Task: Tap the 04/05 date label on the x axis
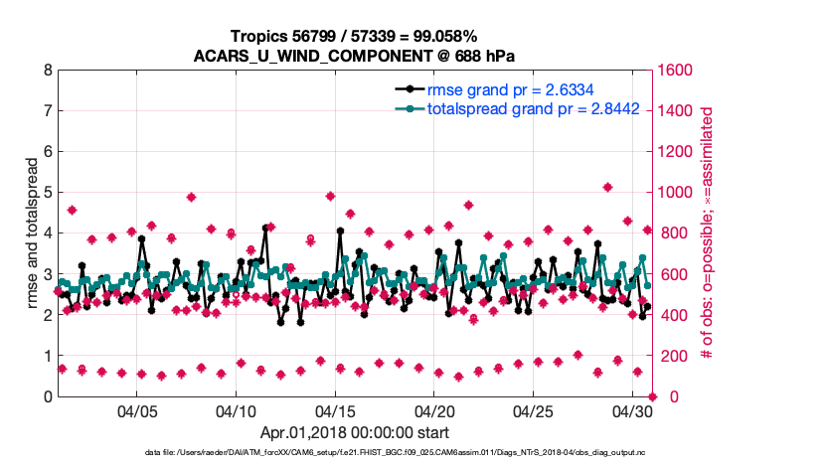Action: click(137, 410)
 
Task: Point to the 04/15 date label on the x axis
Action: click(335, 410)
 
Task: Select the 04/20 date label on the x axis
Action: click(434, 410)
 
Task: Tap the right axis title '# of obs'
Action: click(708, 233)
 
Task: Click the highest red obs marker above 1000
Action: click(607, 187)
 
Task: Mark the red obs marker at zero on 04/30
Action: click(652, 396)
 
